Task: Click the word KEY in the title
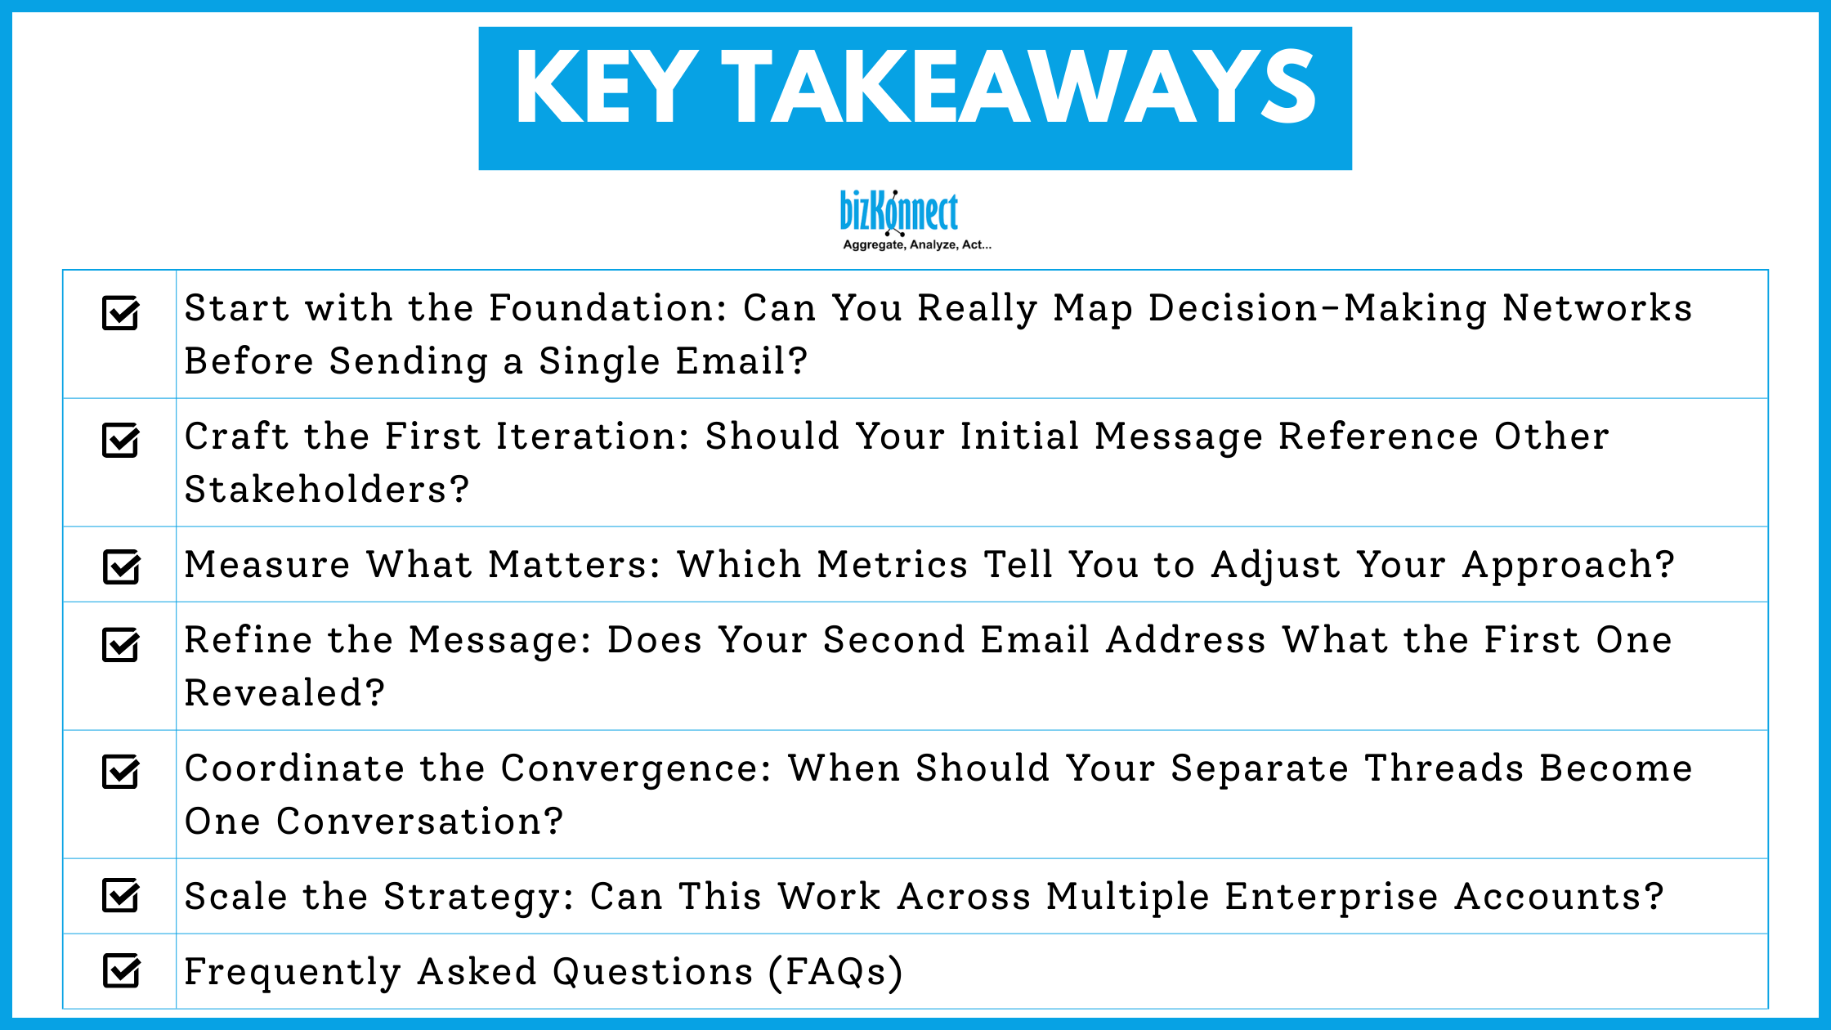606,87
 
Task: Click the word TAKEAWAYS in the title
1018,87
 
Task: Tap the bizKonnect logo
898,212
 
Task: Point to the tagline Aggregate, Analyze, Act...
916,244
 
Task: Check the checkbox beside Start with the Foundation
121,312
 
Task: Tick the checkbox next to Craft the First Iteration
121,441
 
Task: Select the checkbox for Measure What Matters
121,566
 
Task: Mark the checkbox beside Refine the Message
121,644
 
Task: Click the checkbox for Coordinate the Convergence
121,772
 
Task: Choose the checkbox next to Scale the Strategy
121,895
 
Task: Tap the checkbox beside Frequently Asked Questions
121,970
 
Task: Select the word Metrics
893,565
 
